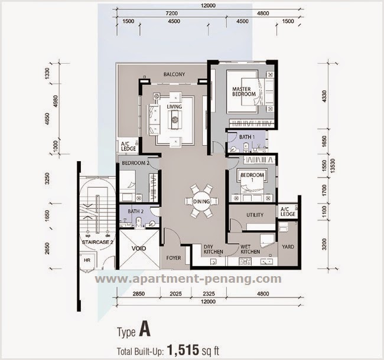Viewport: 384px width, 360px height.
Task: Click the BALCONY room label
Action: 174,74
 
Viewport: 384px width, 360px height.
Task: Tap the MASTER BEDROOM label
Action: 243,91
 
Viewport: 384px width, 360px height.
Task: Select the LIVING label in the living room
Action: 174,107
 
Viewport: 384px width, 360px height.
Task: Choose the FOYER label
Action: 174,257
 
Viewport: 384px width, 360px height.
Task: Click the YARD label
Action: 288,247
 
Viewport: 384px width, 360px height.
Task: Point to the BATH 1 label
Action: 246,137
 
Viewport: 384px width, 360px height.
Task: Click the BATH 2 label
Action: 135,211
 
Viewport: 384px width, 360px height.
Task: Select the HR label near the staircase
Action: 87,260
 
